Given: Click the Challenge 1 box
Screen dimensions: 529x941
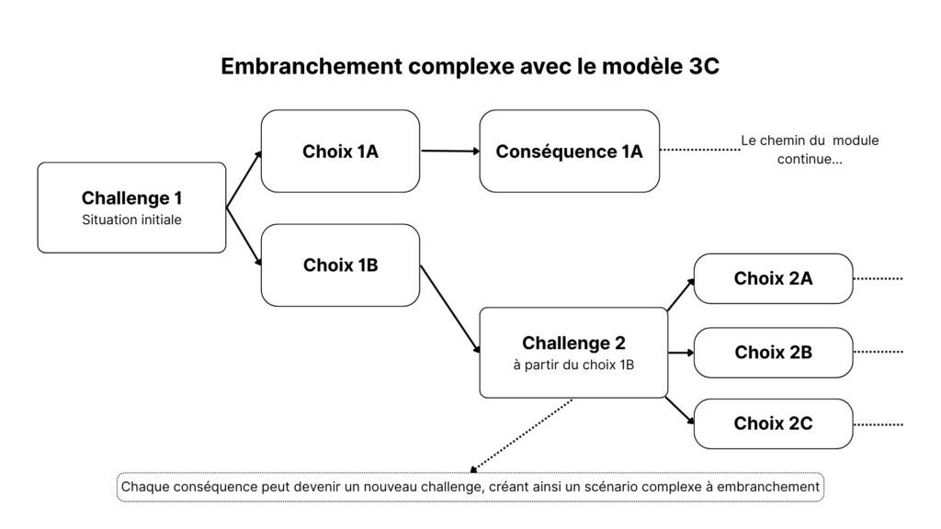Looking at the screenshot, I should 131,208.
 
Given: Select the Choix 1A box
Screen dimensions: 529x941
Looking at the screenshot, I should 340,152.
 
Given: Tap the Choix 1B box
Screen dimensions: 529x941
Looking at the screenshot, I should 340,265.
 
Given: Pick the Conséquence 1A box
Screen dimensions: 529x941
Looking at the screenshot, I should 569,152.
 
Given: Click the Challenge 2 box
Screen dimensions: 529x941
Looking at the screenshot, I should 573,353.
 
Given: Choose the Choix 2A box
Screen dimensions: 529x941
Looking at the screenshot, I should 773,278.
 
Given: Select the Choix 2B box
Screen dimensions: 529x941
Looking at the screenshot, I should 773,352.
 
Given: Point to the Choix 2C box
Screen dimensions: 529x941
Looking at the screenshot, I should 773,423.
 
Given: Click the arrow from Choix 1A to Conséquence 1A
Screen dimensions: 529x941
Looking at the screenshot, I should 449,151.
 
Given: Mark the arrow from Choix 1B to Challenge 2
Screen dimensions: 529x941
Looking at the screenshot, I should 450,310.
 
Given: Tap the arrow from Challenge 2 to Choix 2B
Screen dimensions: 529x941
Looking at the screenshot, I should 680,352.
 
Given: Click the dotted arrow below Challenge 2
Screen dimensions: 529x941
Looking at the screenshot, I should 520,434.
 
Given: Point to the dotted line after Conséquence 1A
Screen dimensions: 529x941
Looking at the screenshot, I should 699,149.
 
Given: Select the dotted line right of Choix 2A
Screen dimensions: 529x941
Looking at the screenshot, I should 879,278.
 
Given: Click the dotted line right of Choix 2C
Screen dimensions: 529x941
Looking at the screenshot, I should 879,424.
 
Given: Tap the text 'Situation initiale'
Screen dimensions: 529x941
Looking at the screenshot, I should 131,220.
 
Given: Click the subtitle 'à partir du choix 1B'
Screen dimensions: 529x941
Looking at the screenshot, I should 573,365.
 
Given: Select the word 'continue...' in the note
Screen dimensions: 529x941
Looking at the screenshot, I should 810,158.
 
